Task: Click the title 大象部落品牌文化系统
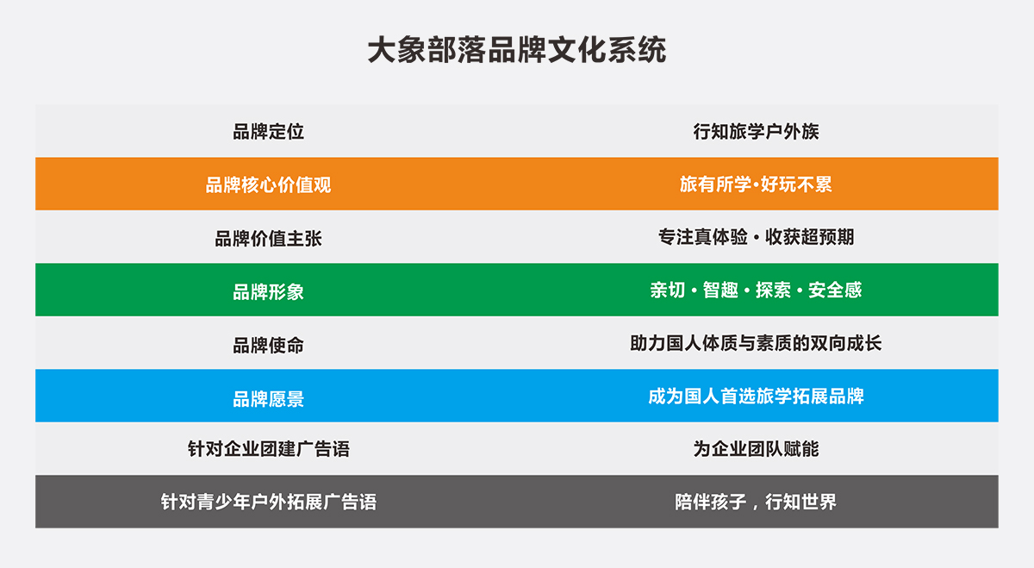click(517, 50)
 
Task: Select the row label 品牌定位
click(268, 132)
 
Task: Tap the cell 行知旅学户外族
click(757, 132)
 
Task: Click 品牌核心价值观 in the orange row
click(268, 184)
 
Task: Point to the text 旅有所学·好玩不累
click(757, 184)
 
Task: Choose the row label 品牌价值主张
click(268, 238)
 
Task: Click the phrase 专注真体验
click(703, 237)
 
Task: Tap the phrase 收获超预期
click(810, 237)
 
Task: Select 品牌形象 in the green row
click(268, 292)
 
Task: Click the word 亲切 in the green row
click(668, 290)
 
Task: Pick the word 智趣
click(720, 290)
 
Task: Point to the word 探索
click(773, 290)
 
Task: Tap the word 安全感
click(835, 290)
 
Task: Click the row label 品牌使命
click(268, 345)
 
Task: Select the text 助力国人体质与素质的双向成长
click(757, 343)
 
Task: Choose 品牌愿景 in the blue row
click(268, 399)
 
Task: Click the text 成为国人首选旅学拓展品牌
click(757, 396)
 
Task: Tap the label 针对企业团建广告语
click(268, 449)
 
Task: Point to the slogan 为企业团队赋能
click(757, 449)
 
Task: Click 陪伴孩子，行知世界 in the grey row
click(757, 502)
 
